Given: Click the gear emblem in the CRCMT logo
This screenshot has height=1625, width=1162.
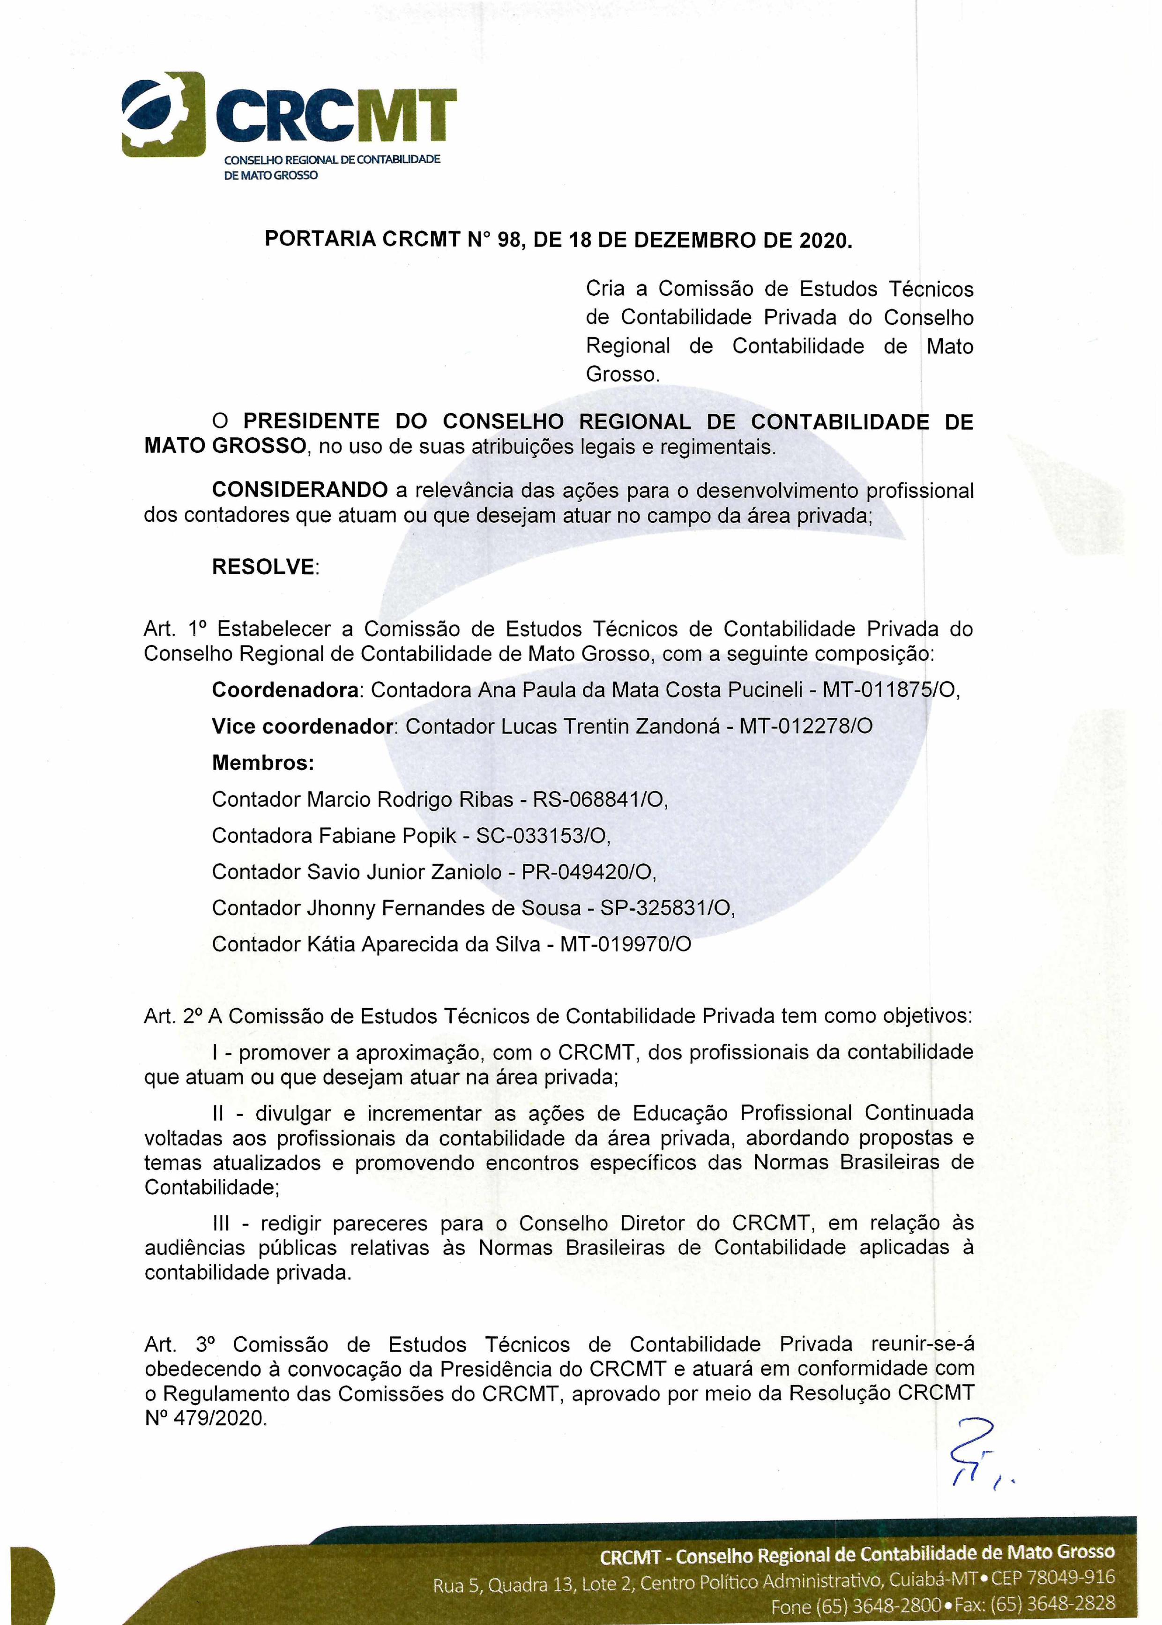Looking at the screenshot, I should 163,114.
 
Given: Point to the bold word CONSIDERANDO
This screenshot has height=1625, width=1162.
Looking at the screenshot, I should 299,490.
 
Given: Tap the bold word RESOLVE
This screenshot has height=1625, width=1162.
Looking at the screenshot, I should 263,567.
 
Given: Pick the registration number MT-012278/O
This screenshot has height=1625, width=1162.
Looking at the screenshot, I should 806,726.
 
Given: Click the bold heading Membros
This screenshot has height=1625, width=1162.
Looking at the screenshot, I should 262,763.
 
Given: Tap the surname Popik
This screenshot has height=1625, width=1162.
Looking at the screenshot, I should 426,836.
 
